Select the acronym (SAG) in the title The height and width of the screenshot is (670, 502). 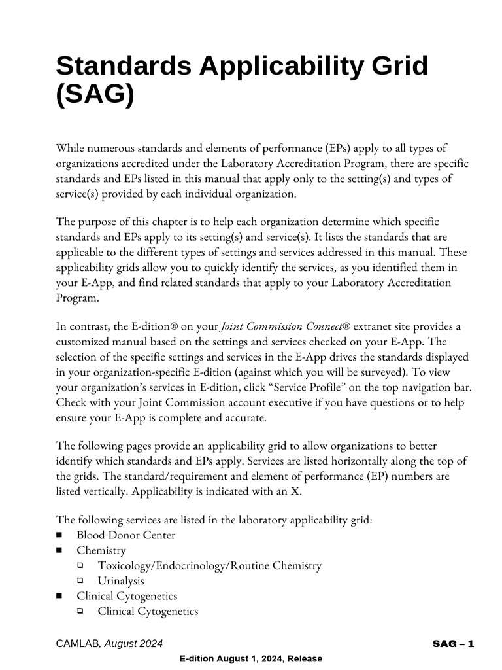pos(95,95)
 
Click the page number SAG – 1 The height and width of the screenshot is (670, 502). pos(453,644)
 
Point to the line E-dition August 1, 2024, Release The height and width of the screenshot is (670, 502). pos(250,659)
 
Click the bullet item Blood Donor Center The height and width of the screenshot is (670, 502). pos(125,535)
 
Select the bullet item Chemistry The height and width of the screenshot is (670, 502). pos(101,550)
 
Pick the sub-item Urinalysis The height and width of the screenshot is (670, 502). pos(121,580)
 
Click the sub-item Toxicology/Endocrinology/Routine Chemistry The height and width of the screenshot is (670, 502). pos(209,565)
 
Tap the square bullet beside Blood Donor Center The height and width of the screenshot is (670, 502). pos(60,535)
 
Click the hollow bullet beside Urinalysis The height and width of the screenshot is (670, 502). pos(80,580)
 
